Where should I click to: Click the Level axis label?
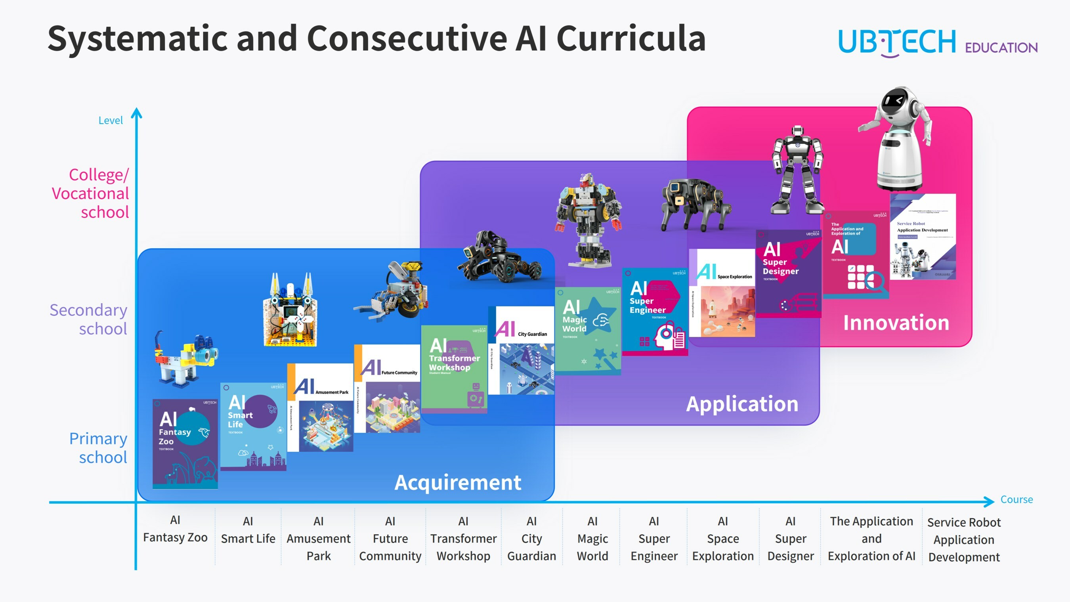pos(111,120)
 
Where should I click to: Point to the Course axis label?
pos(1016,499)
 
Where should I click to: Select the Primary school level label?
pos(98,448)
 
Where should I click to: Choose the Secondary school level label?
pos(88,319)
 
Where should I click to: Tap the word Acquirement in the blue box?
pos(457,482)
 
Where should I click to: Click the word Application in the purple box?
pos(742,404)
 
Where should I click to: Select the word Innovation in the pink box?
pos(896,323)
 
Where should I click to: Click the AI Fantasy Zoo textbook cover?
pos(185,444)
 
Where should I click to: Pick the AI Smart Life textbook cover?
pos(253,427)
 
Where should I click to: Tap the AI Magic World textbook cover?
pos(588,331)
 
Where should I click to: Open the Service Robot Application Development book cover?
pos(923,237)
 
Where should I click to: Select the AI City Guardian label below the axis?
pos(531,539)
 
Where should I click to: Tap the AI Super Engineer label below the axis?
pos(654,539)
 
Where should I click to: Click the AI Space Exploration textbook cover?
pos(722,293)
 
